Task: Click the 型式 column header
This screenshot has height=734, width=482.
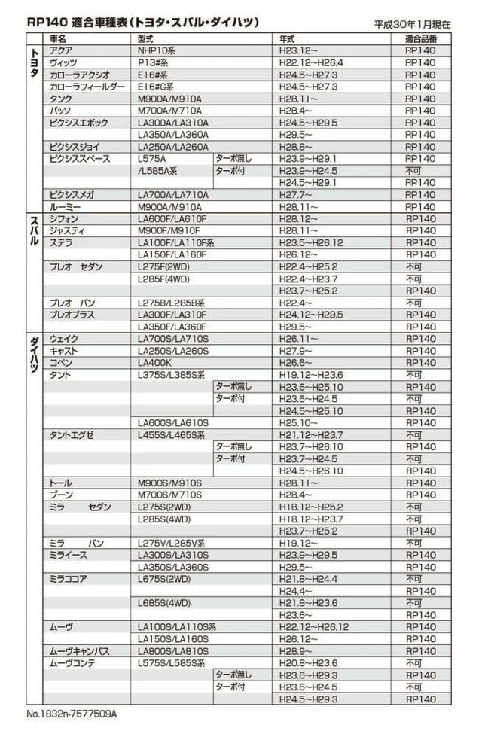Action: pos(147,38)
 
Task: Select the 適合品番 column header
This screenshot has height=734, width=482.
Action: pos(420,38)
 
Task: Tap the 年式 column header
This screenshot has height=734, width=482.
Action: pos(287,38)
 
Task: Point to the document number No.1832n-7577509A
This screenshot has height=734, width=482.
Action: pos(72,713)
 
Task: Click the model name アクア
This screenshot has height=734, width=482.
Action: pos(61,50)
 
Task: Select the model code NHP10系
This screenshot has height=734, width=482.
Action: pos(157,50)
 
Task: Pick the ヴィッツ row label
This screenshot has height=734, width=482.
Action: pos(63,62)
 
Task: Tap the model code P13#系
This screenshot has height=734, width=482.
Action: pos(153,62)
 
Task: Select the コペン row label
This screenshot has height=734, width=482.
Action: pos(61,363)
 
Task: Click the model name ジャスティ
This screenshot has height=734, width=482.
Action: pos(67,231)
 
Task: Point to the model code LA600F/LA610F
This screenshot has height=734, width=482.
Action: pos(172,219)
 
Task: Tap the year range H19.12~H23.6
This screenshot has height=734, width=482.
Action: pos(311,375)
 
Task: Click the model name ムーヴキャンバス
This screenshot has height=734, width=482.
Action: pos(80,651)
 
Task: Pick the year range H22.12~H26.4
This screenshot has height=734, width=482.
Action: pos(311,62)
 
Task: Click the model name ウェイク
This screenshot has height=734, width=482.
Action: pos(63,339)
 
